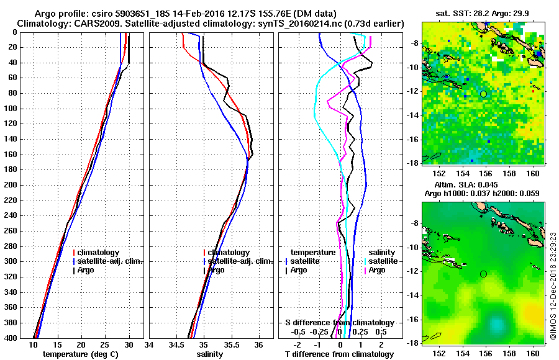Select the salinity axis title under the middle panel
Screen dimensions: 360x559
point(210,354)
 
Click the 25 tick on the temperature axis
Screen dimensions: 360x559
point(105,344)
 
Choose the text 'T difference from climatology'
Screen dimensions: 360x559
point(339,354)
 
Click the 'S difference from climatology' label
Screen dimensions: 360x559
point(339,323)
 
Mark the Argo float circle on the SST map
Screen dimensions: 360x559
point(483,94)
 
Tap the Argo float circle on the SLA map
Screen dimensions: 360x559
point(483,274)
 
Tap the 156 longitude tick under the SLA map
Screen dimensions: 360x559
point(484,352)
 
